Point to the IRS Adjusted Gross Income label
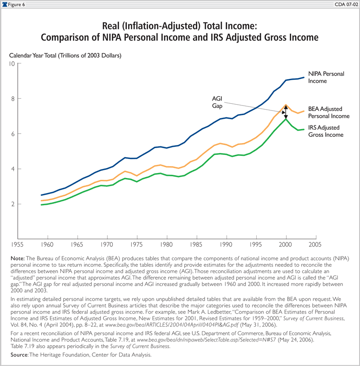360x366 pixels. (x=326, y=131)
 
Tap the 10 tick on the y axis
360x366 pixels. (x=12, y=63)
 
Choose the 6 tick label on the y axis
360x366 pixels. (x=13, y=134)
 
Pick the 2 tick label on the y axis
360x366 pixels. (x=13, y=204)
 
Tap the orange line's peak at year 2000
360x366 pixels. (x=285, y=105)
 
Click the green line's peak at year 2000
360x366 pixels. (x=285, y=119)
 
